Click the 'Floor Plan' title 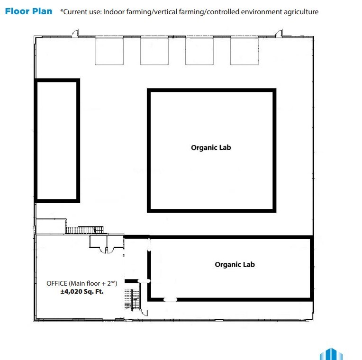28,11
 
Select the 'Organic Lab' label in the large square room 211,147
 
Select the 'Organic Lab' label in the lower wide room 235,264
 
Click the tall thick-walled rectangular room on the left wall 57,140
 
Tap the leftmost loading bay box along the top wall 109,51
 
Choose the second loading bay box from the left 154,51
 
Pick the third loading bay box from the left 199,51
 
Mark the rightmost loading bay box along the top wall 244,51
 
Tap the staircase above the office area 84,230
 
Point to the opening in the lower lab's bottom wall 170,299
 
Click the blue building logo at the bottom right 331,354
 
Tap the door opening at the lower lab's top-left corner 149,245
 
